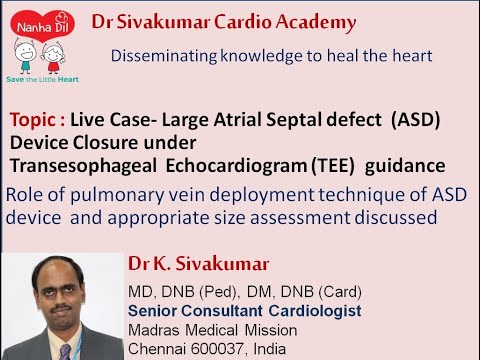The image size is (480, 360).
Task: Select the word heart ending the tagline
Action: pyautogui.click(x=411, y=56)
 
